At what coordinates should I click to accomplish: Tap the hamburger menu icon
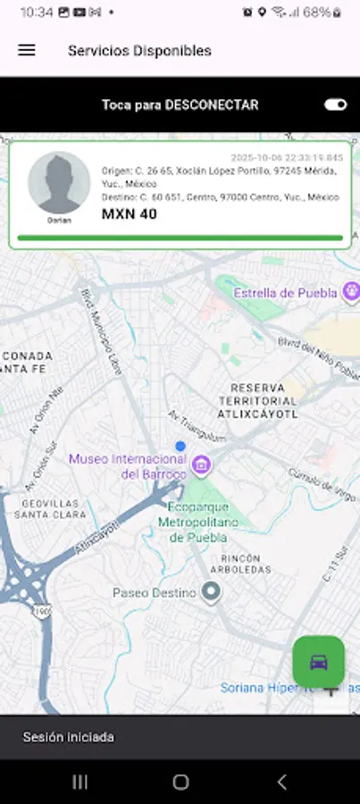click(x=27, y=51)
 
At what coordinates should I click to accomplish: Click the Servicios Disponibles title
click(x=139, y=51)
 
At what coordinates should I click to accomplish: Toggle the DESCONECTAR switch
click(x=336, y=105)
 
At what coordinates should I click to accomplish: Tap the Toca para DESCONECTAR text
click(x=180, y=105)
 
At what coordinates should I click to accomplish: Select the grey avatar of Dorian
click(x=59, y=182)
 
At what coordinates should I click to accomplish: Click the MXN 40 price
click(x=130, y=214)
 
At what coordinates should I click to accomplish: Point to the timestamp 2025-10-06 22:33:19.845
click(x=286, y=157)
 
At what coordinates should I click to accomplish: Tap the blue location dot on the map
click(x=180, y=446)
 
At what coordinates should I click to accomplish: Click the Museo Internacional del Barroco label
click(x=128, y=466)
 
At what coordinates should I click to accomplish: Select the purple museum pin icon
click(x=203, y=465)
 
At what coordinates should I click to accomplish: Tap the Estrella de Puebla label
click(x=285, y=293)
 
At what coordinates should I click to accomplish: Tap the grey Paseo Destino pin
click(x=211, y=591)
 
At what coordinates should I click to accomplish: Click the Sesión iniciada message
click(x=69, y=738)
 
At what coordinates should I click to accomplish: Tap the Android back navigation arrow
click(x=281, y=782)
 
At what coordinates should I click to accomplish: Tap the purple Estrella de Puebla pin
click(x=353, y=291)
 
